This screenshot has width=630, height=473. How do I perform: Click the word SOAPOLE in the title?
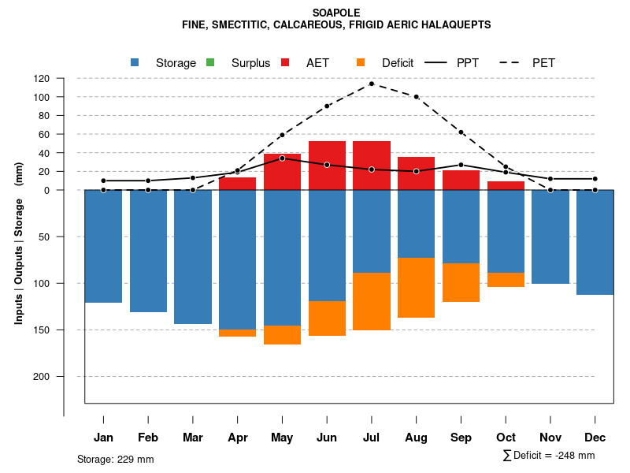tap(335, 13)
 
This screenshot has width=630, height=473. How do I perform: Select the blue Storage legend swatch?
tap(135, 62)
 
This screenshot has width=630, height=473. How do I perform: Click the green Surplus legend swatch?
tap(210, 62)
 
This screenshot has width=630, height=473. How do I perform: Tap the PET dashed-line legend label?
tap(543, 63)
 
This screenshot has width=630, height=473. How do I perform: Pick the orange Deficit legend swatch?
tap(361, 62)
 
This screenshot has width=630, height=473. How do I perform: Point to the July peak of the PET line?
tap(372, 84)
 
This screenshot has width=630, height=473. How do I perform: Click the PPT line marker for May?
tap(282, 158)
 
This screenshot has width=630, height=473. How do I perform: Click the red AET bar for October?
tap(506, 186)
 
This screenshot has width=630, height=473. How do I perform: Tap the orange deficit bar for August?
tap(417, 288)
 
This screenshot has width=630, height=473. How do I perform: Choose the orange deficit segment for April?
tap(237, 333)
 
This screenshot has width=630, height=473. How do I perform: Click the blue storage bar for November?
tap(550, 236)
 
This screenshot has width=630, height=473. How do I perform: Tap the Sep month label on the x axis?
tap(461, 438)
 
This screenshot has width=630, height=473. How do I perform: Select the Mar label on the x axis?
tap(192, 438)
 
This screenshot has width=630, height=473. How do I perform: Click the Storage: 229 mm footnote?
tap(115, 459)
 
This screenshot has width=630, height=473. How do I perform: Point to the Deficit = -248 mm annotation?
tap(549, 456)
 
